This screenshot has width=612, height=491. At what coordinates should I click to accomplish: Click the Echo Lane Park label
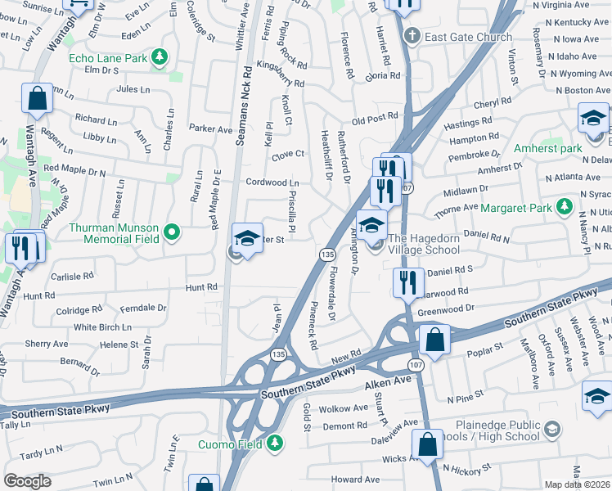(107, 58)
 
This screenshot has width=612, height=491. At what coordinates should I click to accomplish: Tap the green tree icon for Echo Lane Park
(162, 57)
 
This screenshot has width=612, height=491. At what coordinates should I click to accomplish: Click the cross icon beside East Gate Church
(412, 36)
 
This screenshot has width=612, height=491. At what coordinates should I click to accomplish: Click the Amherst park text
(547, 149)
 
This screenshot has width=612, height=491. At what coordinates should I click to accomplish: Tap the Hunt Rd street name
(201, 287)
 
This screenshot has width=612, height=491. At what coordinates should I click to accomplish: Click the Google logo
(27, 480)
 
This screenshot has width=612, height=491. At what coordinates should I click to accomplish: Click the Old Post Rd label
(374, 119)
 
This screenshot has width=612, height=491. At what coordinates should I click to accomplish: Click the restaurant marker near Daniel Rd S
(407, 282)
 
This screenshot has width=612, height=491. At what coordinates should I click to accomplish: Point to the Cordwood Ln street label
(273, 182)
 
